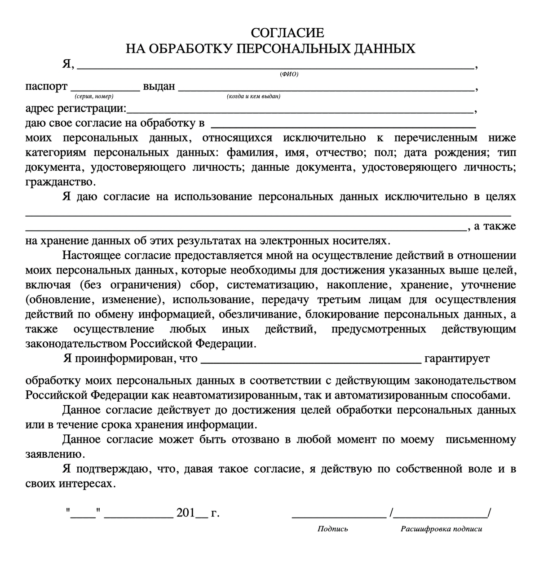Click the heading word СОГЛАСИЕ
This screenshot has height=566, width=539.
[x=287, y=33]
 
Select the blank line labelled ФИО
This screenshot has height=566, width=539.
[x=276, y=67]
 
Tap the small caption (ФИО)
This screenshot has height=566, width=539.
[x=289, y=75]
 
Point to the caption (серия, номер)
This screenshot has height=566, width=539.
[x=94, y=97]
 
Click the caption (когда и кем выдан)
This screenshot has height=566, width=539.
[x=254, y=97]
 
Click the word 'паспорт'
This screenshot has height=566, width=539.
[x=46, y=86]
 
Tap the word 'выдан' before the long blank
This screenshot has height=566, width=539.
[x=159, y=86]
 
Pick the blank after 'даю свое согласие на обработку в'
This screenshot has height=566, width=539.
[x=343, y=126]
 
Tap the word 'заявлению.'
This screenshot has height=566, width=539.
[x=54, y=454]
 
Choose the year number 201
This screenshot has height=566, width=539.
[x=186, y=513]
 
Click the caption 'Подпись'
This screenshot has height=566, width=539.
[x=333, y=529]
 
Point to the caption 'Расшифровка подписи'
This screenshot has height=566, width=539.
[x=441, y=529]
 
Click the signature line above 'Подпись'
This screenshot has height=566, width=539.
[x=339, y=517]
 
